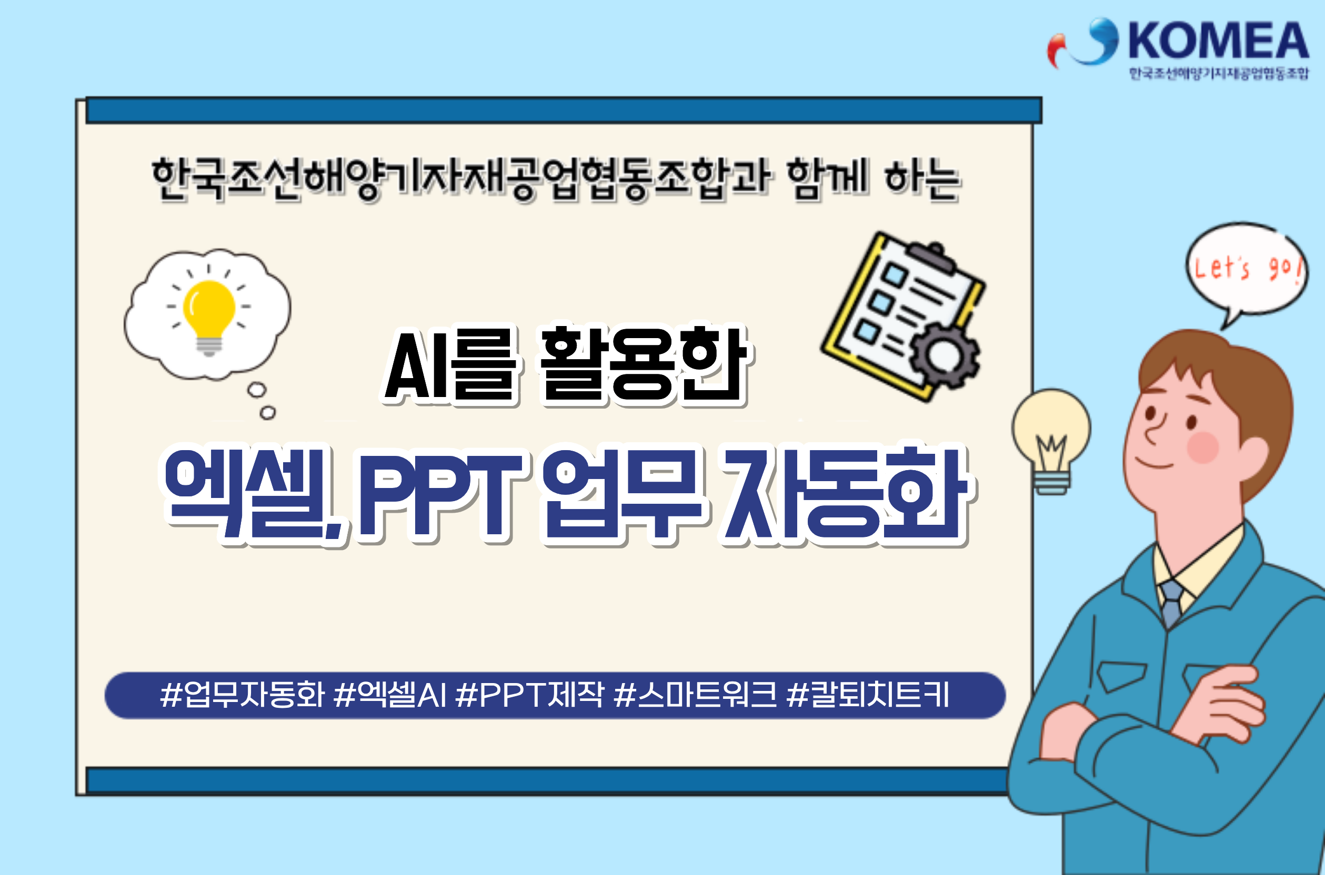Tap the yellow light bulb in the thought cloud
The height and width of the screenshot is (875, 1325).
[209, 316]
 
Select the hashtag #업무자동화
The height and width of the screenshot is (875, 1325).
[242, 695]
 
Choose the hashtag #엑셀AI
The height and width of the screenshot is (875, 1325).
[390, 695]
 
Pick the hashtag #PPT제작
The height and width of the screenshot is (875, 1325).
[529, 695]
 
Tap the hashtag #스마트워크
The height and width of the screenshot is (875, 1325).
[695, 695]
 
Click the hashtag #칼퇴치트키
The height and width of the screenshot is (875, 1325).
[868, 695]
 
